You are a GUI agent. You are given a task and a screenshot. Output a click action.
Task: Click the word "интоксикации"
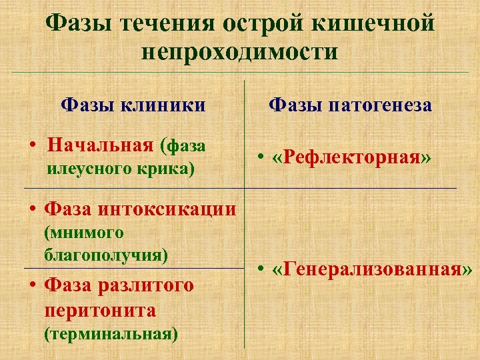click(167, 209)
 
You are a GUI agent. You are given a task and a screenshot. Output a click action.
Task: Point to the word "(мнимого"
click(84, 233)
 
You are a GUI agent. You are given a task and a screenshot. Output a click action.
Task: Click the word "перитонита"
click(100, 310)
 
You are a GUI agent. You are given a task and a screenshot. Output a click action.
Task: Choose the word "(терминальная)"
click(111, 334)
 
